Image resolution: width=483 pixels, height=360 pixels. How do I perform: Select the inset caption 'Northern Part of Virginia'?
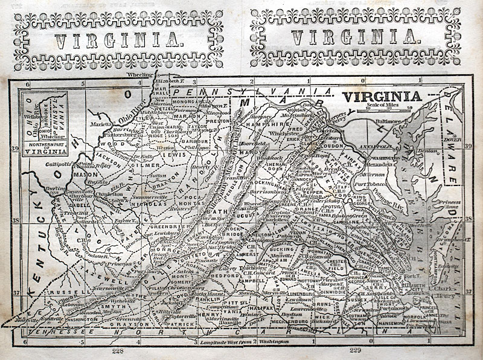tap(43, 149)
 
